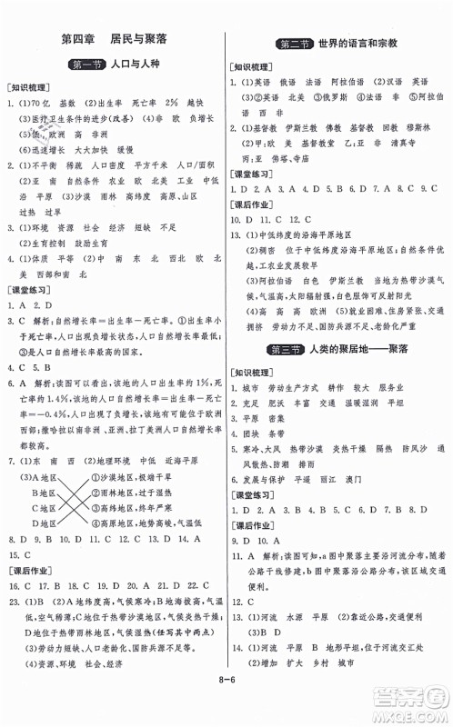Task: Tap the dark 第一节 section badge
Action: [86, 65]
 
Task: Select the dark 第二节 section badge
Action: [296, 45]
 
